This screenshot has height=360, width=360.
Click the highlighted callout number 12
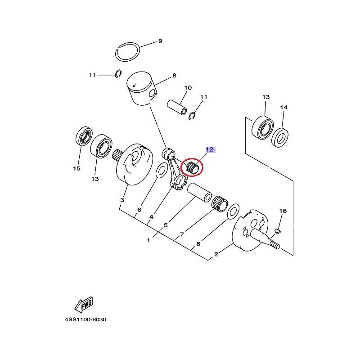click(210, 150)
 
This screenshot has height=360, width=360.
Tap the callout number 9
click(160, 41)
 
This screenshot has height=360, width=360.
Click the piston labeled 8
click(142, 89)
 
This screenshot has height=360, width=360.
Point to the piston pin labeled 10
click(177, 107)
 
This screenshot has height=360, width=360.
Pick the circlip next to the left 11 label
click(118, 73)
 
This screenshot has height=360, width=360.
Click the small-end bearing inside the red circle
click(192, 167)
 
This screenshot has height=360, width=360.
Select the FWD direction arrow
click(84, 305)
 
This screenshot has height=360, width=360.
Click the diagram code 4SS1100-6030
click(85, 319)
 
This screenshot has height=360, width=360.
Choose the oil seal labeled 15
click(84, 136)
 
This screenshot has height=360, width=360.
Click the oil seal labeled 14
click(280, 137)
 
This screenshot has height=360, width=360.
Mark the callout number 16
click(283, 211)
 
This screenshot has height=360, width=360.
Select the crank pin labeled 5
click(199, 193)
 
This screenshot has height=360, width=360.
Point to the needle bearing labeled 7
click(220, 204)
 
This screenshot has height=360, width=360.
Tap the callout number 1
click(148, 240)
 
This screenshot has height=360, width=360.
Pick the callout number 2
click(216, 254)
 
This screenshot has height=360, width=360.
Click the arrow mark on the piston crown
click(135, 85)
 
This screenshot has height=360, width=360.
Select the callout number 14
click(283, 107)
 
